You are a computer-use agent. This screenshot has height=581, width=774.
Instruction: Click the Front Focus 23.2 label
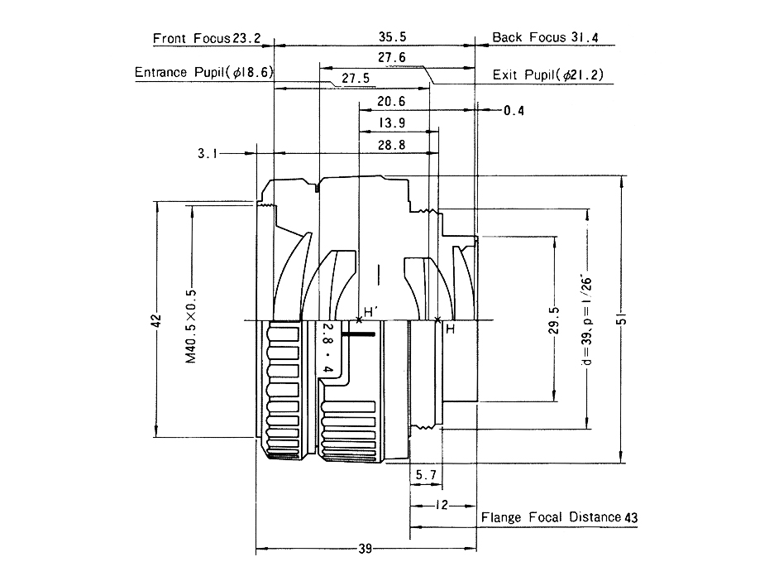[x=207, y=38]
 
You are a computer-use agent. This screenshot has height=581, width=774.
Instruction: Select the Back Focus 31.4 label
[x=545, y=38]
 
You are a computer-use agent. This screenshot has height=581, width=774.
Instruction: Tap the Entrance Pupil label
[x=203, y=73]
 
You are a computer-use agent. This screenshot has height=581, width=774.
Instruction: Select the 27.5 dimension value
[x=355, y=79]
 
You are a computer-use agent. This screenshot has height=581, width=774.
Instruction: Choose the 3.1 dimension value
[x=208, y=153]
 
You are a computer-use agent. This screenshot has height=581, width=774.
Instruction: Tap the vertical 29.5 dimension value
[x=555, y=319]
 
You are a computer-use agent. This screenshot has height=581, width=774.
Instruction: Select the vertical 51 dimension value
[x=623, y=319]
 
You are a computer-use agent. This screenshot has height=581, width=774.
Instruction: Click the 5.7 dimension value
[x=426, y=475]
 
